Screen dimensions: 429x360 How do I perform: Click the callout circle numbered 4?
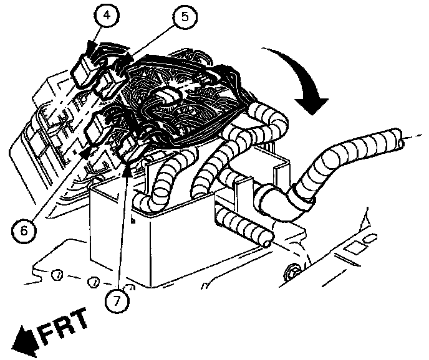(x=107, y=16)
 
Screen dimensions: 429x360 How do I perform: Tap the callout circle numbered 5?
(x=185, y=17)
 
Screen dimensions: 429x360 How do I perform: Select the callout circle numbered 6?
(x=24, y=231)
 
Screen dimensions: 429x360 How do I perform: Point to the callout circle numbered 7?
(x=117, y=301)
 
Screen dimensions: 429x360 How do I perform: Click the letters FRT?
(x=64, y=324)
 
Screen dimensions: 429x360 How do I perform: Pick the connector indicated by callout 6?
(x=99, y=128)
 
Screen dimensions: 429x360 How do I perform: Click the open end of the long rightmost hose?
(x=400, y=138)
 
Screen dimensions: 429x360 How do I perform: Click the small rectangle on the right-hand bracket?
(x=353, y=248)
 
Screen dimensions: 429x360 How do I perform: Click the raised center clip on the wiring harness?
(x=167, y=96)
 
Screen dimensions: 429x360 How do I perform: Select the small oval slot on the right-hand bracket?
(x=369, y=237)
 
